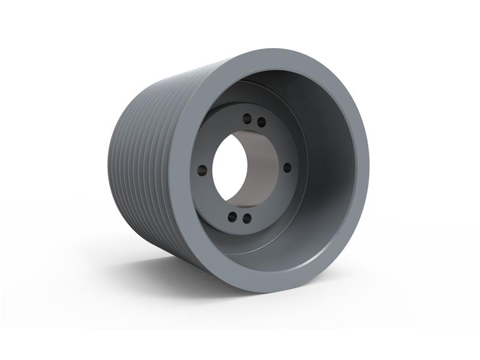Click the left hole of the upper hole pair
click(247, 119)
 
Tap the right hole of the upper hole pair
click(262, 122)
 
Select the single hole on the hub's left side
click(202, 170)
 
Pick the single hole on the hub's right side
click(287, 167)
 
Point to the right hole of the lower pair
click(247, 218)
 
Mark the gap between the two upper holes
click(254, 120)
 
